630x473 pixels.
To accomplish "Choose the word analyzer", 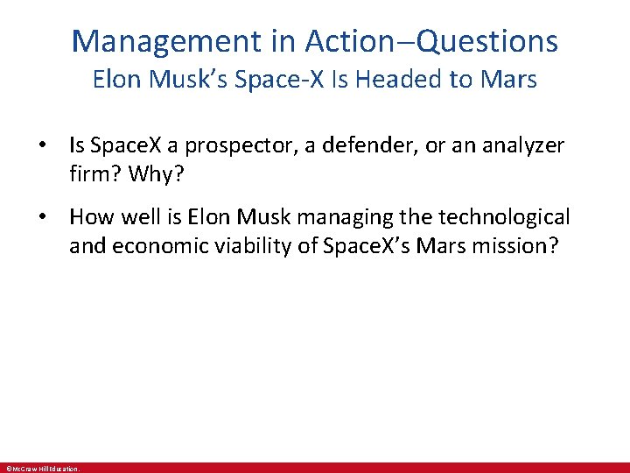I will pos(514,145).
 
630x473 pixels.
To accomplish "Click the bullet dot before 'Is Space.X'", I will pos(53,145).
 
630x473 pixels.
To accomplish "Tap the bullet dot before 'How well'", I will pos(53,216).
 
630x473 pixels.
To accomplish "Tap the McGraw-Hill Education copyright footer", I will pos(43,469).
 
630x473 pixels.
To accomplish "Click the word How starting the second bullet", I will pos(88,215).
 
